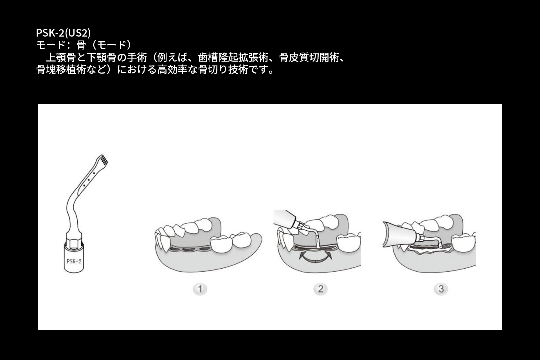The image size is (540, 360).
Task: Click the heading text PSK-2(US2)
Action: pos(63,33)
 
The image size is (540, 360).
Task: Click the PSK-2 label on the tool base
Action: pos(74,261)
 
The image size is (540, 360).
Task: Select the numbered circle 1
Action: pos(200,289)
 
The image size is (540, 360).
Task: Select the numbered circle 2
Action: pos(320,289)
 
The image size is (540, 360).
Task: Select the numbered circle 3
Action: pos(441,289)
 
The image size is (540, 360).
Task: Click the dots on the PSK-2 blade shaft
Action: pos(88,179)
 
